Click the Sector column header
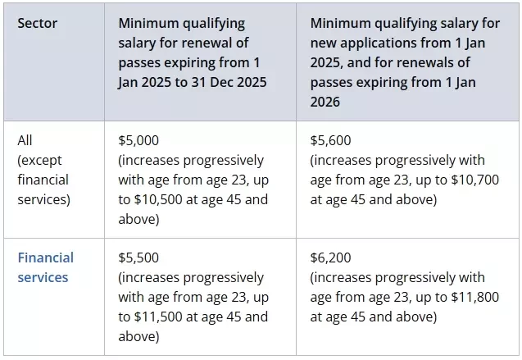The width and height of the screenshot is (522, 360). click(x=38, y=23)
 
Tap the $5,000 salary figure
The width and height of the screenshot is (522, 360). click(x=138, y=140)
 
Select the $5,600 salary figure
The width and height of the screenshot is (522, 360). click(x=330, y=140)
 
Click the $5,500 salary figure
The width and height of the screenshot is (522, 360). click(x=138, y=257)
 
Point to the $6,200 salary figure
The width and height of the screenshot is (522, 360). click(x=330, y=257)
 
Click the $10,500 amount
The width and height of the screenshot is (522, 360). click(x=158, y=199)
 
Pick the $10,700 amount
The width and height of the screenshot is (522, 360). click(x=475, y=180)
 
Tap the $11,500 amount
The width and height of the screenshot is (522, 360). click(x=158, y=317)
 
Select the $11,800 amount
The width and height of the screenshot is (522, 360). click(x=475, y=297)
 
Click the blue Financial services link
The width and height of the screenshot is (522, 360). click(x=46, y=267)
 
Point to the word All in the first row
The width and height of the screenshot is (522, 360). click(x=25, y=140)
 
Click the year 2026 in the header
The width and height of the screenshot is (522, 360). click(x=325, y=102)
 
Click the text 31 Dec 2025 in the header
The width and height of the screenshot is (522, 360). click(x=229, y=82)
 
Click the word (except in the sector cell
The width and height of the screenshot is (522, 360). click(x=39, y=161)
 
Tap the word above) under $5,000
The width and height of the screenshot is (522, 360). click(x=138, y=220)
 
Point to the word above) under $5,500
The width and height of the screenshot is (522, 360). click(x=138, y=337)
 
